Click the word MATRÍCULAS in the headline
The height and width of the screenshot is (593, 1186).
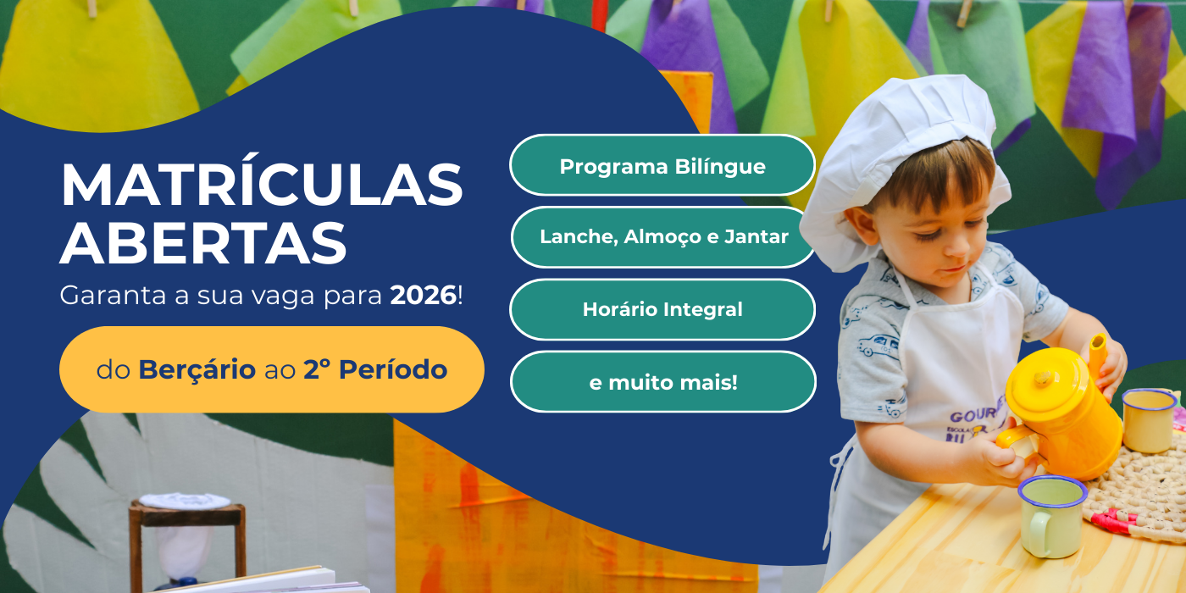tap(262, 185)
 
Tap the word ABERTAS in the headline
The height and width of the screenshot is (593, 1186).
tap(203, 243)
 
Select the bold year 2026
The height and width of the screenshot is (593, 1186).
tap(423, 296)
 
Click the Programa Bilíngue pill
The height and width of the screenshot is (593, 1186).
tap(662, 166)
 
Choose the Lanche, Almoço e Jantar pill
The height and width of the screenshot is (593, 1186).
tap(663, 237)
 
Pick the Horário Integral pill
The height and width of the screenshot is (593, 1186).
tap(662, 309)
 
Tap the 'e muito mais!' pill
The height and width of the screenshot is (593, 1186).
tap(663, 382)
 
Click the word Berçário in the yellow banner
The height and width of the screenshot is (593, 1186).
tap(197, 370)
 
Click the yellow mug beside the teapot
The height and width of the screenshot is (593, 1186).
tap(1148, 420)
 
